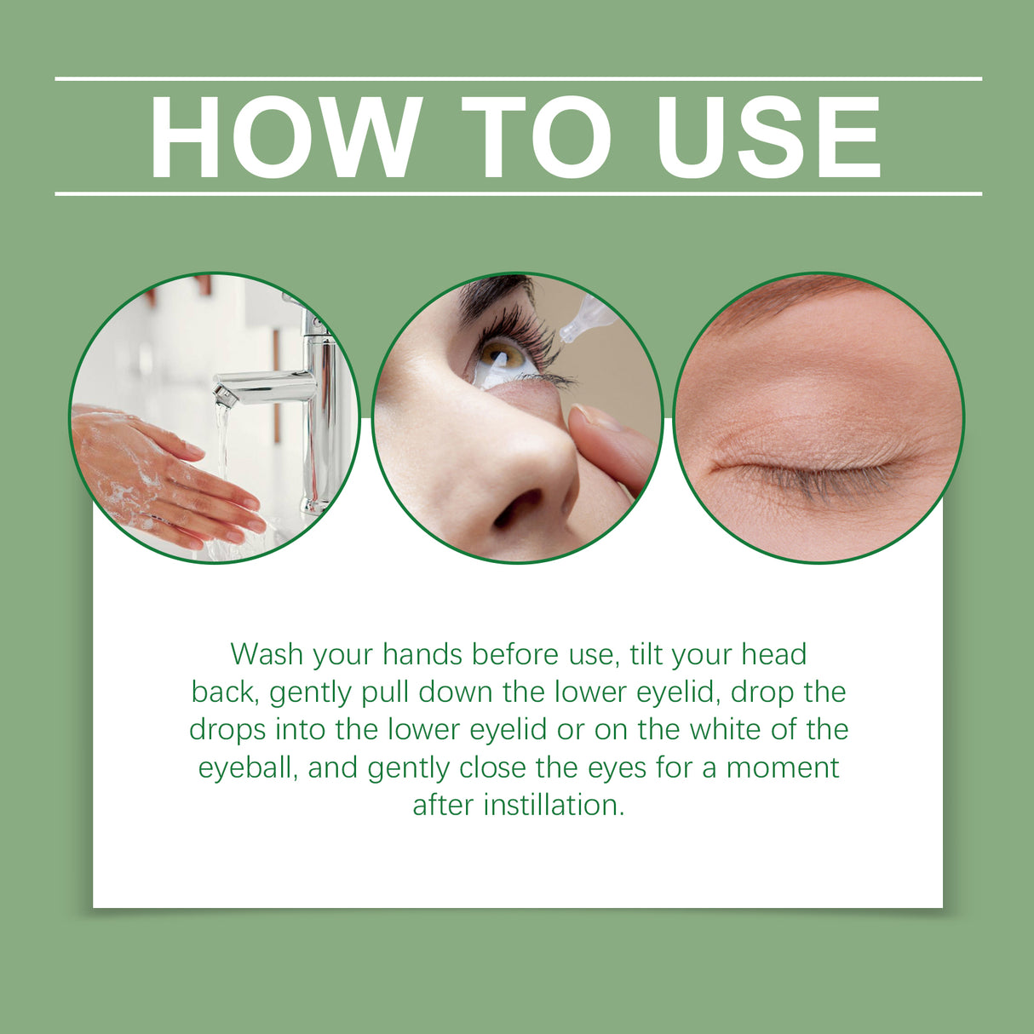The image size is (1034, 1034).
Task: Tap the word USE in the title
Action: click(x=768, y=137)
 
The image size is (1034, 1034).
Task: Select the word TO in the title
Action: click(x=537, y=137)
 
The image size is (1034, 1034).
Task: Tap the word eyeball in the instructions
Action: click(x=248, y=768)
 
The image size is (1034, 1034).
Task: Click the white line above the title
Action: click(x=518, y=79)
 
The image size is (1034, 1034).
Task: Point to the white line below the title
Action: click(x=518, y=193)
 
